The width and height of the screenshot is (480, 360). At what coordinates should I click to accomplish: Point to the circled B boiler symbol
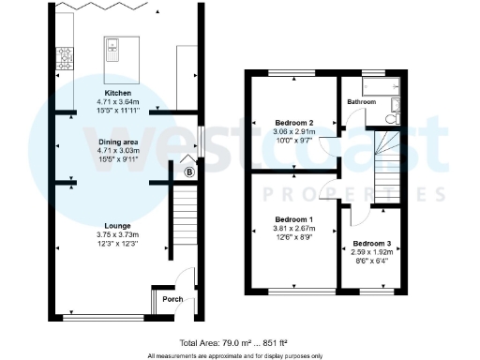[x=188, y=172]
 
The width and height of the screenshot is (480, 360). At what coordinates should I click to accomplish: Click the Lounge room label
[x=117, y=226]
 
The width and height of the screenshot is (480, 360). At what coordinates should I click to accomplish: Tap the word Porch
[x=172, y=299]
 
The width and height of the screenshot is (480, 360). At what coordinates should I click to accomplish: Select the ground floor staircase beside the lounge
[x=183, y=219]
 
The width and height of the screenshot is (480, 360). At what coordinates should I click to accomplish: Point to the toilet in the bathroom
[x=392, y=118]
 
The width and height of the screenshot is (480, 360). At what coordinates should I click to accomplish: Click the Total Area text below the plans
[x=239, y=343]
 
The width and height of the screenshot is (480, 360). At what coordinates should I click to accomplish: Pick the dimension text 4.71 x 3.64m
[x=118, y=102]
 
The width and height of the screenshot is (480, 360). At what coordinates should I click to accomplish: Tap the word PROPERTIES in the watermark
[x=356, y=195]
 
